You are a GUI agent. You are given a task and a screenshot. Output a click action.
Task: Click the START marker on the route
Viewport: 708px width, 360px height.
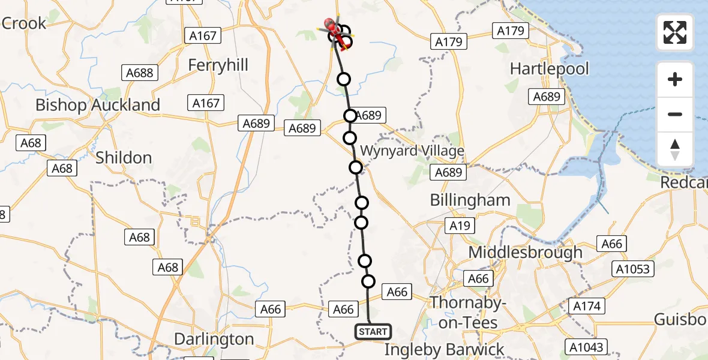(373, 331)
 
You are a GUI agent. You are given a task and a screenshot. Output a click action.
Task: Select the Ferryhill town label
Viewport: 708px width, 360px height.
(218, 65)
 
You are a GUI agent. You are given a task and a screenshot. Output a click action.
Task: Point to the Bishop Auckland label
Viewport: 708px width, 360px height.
(98, 105)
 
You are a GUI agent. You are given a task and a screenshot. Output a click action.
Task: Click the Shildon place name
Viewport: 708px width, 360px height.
(124, 158)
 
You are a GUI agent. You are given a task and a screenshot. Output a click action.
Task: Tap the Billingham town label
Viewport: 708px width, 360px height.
(470, 200)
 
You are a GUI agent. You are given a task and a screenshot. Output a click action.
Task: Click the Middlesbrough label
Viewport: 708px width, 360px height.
(525, 252)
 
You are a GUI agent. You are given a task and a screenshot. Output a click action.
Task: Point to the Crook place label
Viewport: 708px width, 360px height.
(24, 23)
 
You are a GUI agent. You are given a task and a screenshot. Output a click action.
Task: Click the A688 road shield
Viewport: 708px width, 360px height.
(140, 73)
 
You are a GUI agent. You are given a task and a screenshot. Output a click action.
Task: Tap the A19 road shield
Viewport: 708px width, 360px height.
(460, 226)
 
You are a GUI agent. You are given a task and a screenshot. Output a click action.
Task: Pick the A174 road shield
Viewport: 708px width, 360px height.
(586, 306)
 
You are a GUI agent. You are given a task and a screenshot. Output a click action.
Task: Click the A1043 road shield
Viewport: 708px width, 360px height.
(588, 346)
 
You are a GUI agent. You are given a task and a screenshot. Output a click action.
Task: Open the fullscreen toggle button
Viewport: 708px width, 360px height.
(675, 32)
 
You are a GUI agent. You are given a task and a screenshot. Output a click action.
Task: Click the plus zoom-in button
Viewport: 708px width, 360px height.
(675, 79)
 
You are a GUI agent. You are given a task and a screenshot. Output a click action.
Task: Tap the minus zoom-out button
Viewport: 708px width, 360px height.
(675, 114)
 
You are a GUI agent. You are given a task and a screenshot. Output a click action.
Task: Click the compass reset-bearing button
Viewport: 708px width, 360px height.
(675, 149)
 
